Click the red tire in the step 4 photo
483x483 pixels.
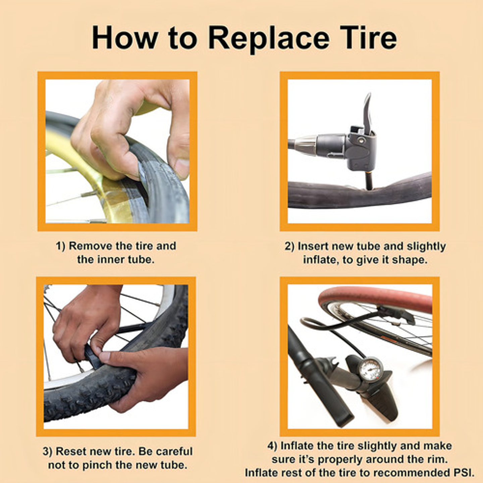click(x=376, y=297)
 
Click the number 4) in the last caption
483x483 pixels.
click(x=272, y=446)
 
